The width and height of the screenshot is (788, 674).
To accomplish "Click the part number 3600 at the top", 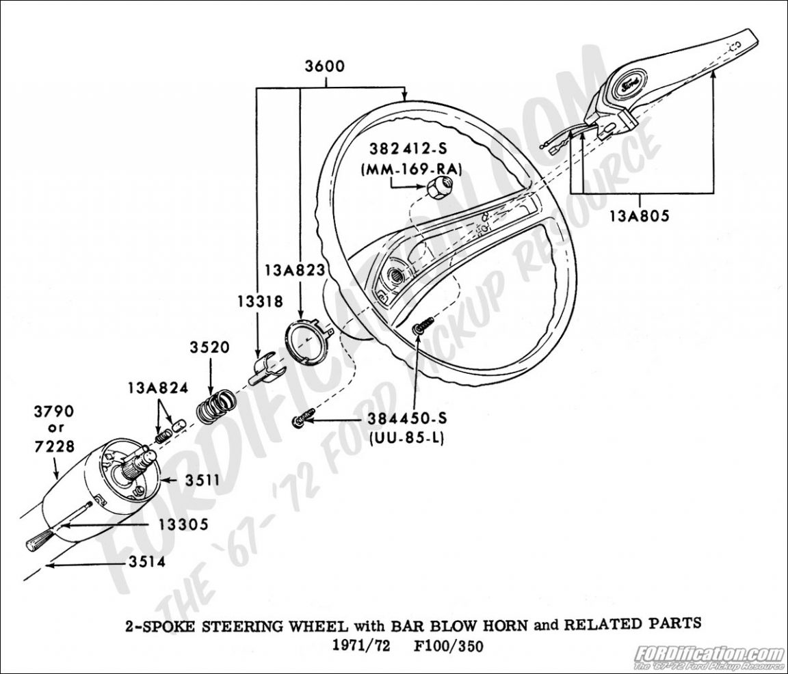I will point(326,67).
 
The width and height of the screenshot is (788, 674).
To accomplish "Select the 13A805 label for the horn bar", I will point(640,216).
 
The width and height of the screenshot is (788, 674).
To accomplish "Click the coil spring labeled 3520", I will point(214,405).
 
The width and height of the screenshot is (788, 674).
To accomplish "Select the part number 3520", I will point(210,347).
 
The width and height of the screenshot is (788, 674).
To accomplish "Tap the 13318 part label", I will point(258,301).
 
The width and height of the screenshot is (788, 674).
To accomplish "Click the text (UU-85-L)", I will point(406,438).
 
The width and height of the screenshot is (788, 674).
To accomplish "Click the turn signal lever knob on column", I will point(38,540).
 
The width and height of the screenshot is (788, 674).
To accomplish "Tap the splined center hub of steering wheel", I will point(396,277).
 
